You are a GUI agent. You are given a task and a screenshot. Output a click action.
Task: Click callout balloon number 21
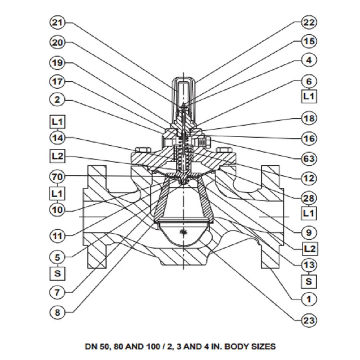(57, 23)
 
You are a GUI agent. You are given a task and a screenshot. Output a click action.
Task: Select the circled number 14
(57, 138)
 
